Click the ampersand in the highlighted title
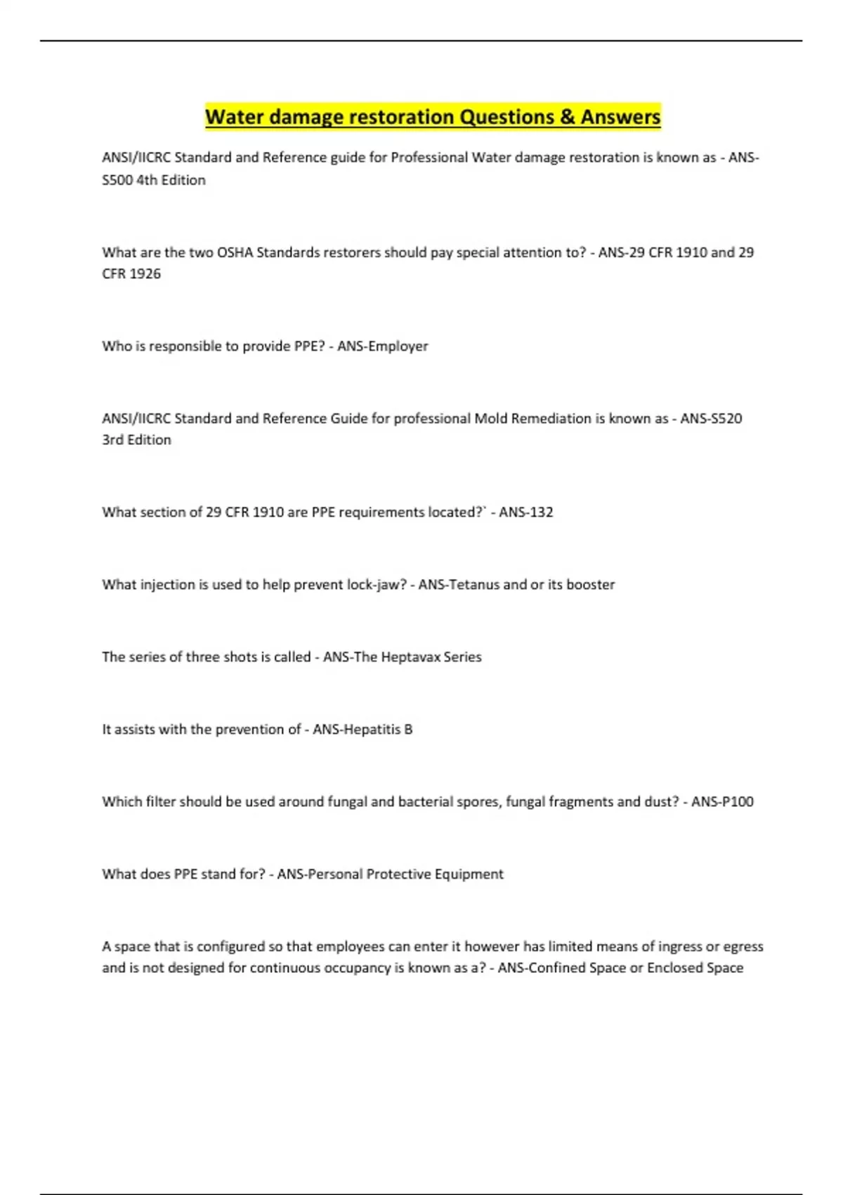(568, 117)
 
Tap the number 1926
(145, 273)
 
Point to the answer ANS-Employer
(383, 346)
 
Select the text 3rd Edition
(136, 439)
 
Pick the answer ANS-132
(526, 512)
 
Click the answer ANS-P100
(722, 801)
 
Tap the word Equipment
(469, 874)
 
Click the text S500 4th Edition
(154, 180)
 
